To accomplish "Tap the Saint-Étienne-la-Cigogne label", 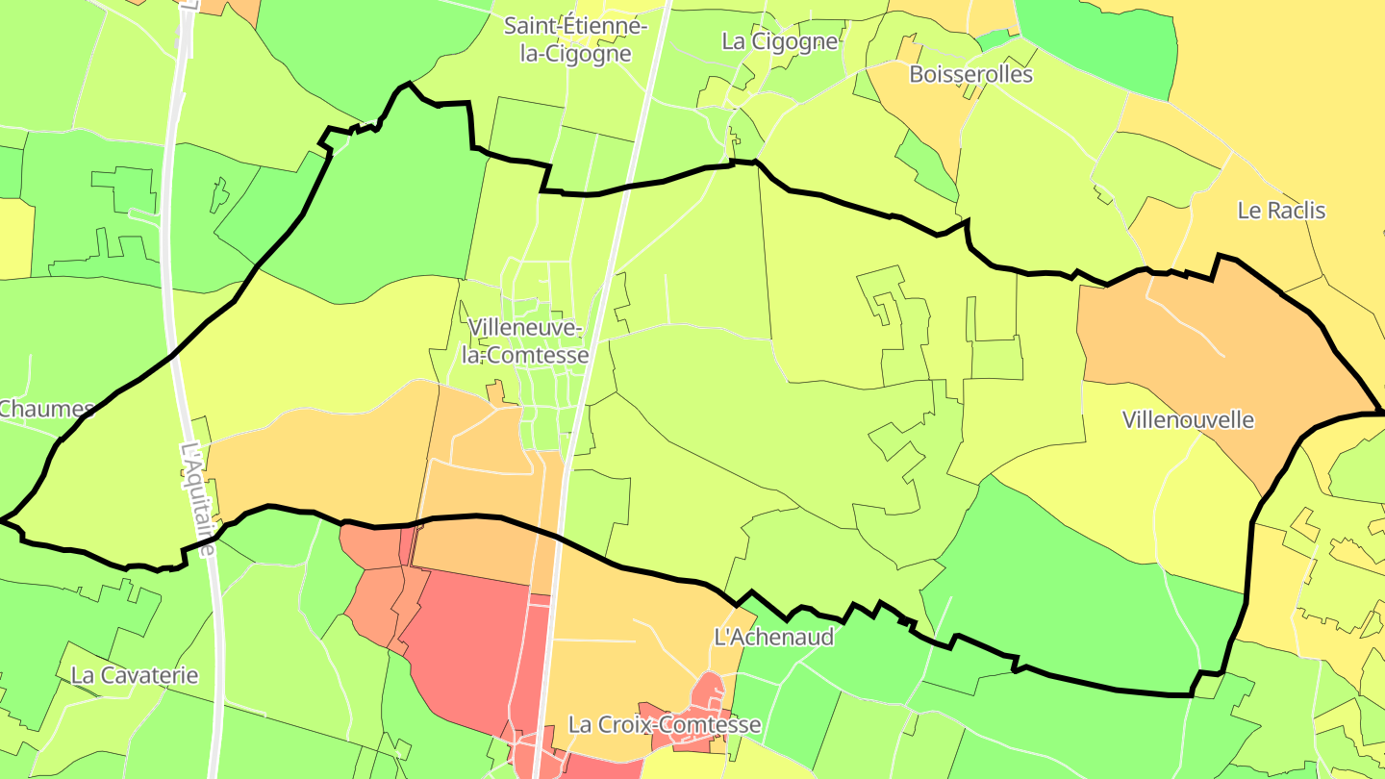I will pyautogui.click(x=575, y=39).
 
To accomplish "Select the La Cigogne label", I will pyautogui.click(x=780, y=41).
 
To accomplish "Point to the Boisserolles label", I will pyautogui.click(x=969, y=75).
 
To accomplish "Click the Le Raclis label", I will pyautogui.click(x=1281, y=211).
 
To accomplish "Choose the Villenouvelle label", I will pyautogui.click(x=1189, y=420).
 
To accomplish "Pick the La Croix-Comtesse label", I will pyautogui.click(x=665, y=724).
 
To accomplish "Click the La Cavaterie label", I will pyautogui.click(x=135, y=675).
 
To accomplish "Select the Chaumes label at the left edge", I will pyautogui.click(x=45, y=409).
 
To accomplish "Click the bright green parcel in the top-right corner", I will pyautogui.click(x=1106, y=43).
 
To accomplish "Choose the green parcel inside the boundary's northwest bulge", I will pyautogui.click(x=404, y=192).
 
